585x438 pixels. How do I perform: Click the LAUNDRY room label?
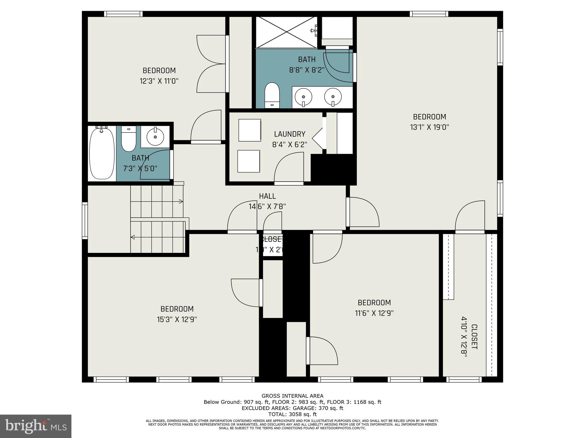289,134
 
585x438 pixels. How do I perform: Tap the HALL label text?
267,196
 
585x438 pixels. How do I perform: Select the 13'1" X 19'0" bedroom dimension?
429,127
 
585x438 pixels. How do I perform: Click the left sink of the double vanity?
303,97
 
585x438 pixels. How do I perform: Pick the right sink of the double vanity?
333,97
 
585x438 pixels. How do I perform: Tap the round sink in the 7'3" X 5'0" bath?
155,137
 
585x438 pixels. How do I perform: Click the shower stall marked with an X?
286,32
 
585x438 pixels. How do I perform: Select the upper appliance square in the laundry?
250,130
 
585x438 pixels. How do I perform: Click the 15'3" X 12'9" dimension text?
177,319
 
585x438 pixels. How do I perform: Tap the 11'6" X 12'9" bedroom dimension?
374,313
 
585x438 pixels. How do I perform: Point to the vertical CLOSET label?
474,336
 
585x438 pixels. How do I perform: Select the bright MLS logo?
36,426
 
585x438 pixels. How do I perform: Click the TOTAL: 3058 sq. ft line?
292,414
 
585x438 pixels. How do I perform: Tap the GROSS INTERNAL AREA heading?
292,396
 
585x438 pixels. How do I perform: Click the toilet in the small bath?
129,140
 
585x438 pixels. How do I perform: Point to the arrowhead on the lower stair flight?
133,237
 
